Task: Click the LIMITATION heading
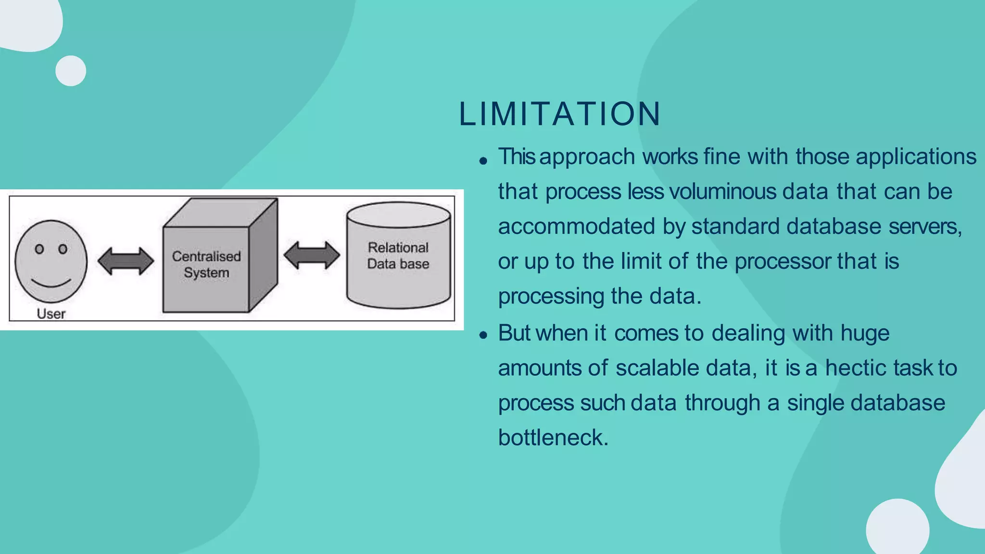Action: point(560,114)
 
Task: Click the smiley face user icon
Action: point(51,262)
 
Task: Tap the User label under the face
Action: point(51,314)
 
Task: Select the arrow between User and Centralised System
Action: point(126,261)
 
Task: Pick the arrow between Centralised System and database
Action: point(312,255)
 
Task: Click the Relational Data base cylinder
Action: point(398,255)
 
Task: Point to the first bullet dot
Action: point(483,161)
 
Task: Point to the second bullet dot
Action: point(483,335)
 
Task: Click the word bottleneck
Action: point(553,438)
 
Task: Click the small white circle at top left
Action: point(71,71)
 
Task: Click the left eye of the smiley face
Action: point(40,249)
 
